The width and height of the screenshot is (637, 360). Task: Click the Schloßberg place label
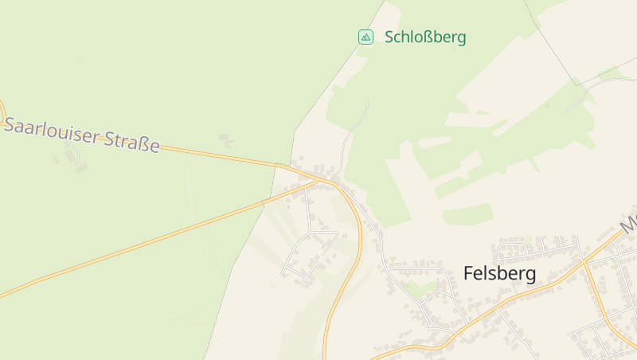coord(424,37)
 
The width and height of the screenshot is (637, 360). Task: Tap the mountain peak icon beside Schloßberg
coord(365,37)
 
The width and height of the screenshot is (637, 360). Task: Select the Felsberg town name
coord(499,274)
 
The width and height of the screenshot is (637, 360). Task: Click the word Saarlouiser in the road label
coord(54,131)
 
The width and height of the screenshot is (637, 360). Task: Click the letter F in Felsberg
coord(468,274)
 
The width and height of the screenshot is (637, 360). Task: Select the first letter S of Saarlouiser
coord(10,124)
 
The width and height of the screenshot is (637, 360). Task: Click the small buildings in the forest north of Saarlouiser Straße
coord(225,140)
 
